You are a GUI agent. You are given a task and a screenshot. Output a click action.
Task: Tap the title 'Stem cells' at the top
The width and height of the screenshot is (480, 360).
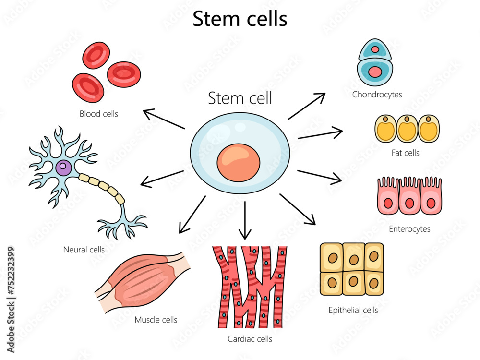pos(240,19)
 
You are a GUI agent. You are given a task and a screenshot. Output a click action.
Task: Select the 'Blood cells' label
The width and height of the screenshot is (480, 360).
pos(99,114)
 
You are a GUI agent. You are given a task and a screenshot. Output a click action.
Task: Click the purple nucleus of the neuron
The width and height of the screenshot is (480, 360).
pos(63,168)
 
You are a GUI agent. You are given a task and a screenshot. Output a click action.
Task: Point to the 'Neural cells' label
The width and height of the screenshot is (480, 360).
pos(84,250)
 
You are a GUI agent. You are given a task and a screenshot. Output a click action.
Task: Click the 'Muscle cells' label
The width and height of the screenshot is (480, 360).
pos(156,320)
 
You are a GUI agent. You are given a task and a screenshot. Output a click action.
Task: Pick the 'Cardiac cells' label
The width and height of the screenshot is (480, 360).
pos(250,339)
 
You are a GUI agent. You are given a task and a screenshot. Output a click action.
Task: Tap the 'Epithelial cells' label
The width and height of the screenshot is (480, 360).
pos(353,310)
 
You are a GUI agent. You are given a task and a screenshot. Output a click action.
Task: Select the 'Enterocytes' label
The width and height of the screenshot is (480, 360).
pos(409,229)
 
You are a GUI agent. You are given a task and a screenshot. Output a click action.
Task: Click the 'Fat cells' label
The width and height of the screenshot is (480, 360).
pos(405,153)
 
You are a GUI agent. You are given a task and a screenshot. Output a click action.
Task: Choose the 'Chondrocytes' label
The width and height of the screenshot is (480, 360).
pos(377,95)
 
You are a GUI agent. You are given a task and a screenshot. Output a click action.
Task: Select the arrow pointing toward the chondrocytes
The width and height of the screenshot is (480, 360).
pos(307,106)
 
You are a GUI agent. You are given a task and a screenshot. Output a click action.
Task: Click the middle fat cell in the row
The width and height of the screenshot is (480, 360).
pos(407,129)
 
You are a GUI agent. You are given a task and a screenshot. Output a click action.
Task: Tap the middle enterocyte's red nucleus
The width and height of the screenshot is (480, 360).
pos(409,203)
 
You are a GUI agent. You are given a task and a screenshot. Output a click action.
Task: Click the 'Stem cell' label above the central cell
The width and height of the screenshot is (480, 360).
pos(240,98)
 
